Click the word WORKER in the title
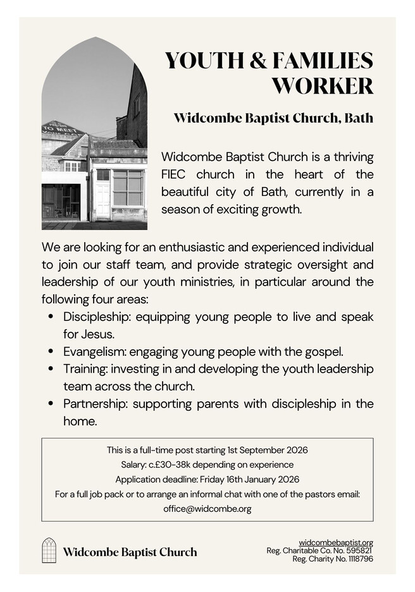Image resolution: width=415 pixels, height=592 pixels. coord(322,85)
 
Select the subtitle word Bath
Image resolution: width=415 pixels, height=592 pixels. coord(357,118)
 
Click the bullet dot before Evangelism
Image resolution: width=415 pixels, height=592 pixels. coord(51,351)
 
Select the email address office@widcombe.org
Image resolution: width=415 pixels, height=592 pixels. coord(207,509)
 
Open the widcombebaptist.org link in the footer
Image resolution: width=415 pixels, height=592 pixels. coord(335,542)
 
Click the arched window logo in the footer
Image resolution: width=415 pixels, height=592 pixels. coord(49,550)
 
